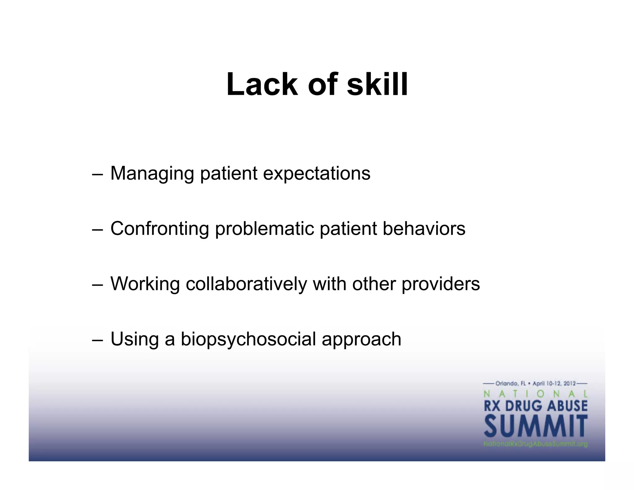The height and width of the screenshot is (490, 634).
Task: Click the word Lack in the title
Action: [262, 84]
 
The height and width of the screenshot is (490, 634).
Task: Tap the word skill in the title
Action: [377, 84]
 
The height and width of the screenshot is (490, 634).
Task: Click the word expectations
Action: [316, 173]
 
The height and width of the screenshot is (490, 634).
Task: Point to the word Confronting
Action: [160, 229]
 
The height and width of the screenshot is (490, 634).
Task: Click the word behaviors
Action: [424, 229]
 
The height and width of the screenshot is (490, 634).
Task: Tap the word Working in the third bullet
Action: [145, 284]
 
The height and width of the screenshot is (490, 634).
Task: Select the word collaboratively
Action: [246, 284]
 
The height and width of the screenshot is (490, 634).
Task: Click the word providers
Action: [441, 284]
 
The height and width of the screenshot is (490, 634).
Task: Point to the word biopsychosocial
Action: [248, 339]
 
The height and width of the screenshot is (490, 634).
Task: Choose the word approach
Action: [361, 339]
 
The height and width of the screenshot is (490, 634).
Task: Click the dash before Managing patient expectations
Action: [97, 174]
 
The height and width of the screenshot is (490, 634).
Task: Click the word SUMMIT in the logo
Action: [536, 427]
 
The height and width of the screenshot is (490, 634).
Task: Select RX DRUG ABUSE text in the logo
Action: [536, 406]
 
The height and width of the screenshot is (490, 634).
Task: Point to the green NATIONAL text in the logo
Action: [536, 394]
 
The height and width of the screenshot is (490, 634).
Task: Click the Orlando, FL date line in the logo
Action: [536, 383]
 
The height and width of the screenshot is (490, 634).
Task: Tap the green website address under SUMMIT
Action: [536, 444]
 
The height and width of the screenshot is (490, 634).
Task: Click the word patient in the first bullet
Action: [228, 173]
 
